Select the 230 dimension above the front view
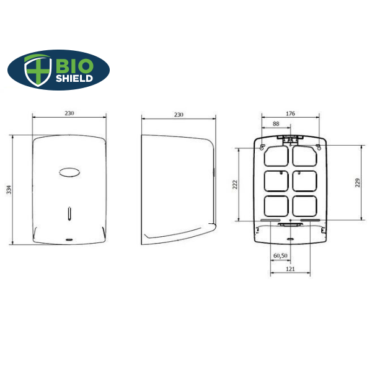69,113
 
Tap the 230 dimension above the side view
179,115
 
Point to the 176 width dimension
290,113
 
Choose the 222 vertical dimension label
236,184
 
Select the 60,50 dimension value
280,255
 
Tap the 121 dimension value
290,269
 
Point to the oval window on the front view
69,172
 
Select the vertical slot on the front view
69,214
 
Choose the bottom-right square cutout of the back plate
304,205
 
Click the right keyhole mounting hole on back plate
318,147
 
